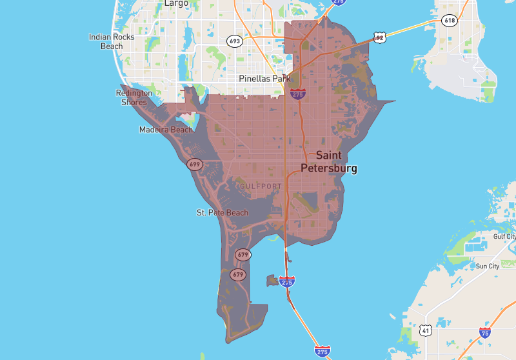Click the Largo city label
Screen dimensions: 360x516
176,3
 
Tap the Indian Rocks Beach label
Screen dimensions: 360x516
112,41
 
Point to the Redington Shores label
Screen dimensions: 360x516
134,97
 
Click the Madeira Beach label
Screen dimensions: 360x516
166,130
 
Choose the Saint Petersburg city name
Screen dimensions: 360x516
329,162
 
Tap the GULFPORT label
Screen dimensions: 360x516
261,186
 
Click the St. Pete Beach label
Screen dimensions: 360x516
223,212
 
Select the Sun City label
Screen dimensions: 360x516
488,266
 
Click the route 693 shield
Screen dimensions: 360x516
235,41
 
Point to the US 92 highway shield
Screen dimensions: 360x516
380,38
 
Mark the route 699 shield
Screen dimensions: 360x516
195,165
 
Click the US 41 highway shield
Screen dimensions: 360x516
426,330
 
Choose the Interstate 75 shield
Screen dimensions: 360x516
484,333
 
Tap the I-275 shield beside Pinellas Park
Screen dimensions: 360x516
297,94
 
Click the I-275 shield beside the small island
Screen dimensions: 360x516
288,282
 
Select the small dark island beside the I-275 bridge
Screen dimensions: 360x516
271,280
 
